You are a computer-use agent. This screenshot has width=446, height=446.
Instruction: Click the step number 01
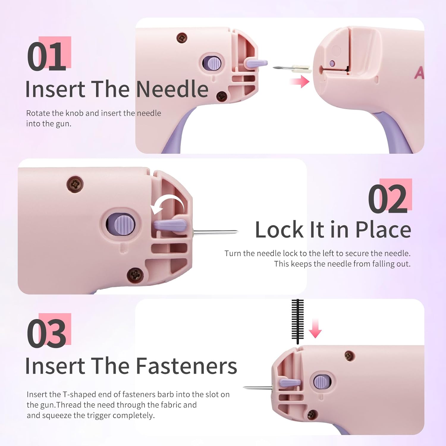(x=47, y=56)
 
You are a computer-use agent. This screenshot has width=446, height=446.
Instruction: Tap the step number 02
(x=388, y=198)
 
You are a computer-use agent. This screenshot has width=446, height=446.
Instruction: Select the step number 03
(x=47, y=333)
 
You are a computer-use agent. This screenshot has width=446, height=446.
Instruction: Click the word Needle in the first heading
(x=172, y=89)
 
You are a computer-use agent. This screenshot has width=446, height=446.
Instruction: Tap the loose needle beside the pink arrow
(x=291, y=68)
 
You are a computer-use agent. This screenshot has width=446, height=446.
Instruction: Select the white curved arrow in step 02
(x=168, y=204)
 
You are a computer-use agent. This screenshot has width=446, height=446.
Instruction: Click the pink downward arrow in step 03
(x=315, y=328)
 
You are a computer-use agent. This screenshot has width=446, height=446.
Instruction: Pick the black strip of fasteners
(x=297, y=321)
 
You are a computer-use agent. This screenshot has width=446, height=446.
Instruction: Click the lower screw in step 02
(x=135, y=274)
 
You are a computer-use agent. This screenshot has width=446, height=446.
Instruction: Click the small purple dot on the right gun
(x=332, y=63)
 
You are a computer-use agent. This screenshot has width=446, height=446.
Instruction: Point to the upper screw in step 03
(x=349, y=355)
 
